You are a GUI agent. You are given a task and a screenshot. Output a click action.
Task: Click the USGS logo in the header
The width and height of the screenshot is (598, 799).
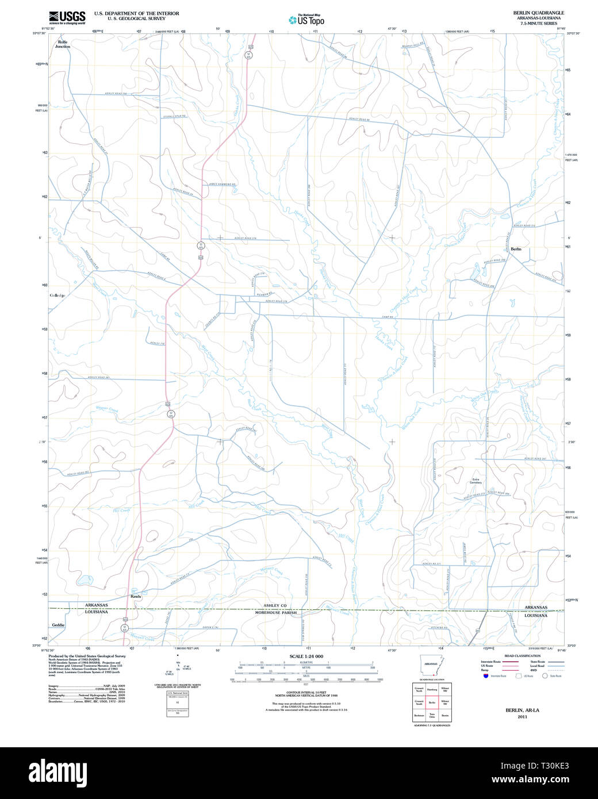67,17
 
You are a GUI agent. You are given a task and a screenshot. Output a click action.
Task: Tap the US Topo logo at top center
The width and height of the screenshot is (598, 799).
306,20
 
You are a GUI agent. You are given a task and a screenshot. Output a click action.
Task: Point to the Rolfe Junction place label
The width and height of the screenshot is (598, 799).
63,44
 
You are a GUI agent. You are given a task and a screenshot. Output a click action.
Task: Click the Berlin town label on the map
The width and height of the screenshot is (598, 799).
516,249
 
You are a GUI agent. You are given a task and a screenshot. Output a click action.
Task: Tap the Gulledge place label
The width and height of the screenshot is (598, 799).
57,295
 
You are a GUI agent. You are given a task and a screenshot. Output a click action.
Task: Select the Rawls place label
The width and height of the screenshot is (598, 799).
136,596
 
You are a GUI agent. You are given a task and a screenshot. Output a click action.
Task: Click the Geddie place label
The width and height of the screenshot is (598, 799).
58,625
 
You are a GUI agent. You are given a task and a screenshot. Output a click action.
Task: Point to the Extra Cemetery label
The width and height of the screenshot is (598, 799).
476,481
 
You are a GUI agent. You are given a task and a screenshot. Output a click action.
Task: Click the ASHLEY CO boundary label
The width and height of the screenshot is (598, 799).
275,605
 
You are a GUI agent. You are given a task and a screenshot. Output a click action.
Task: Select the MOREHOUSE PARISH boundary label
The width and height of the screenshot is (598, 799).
276,613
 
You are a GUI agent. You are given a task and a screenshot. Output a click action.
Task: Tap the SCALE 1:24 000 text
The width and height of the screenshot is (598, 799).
306,656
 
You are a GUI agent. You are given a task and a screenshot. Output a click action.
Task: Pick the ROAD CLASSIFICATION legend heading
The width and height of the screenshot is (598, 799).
522,656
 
